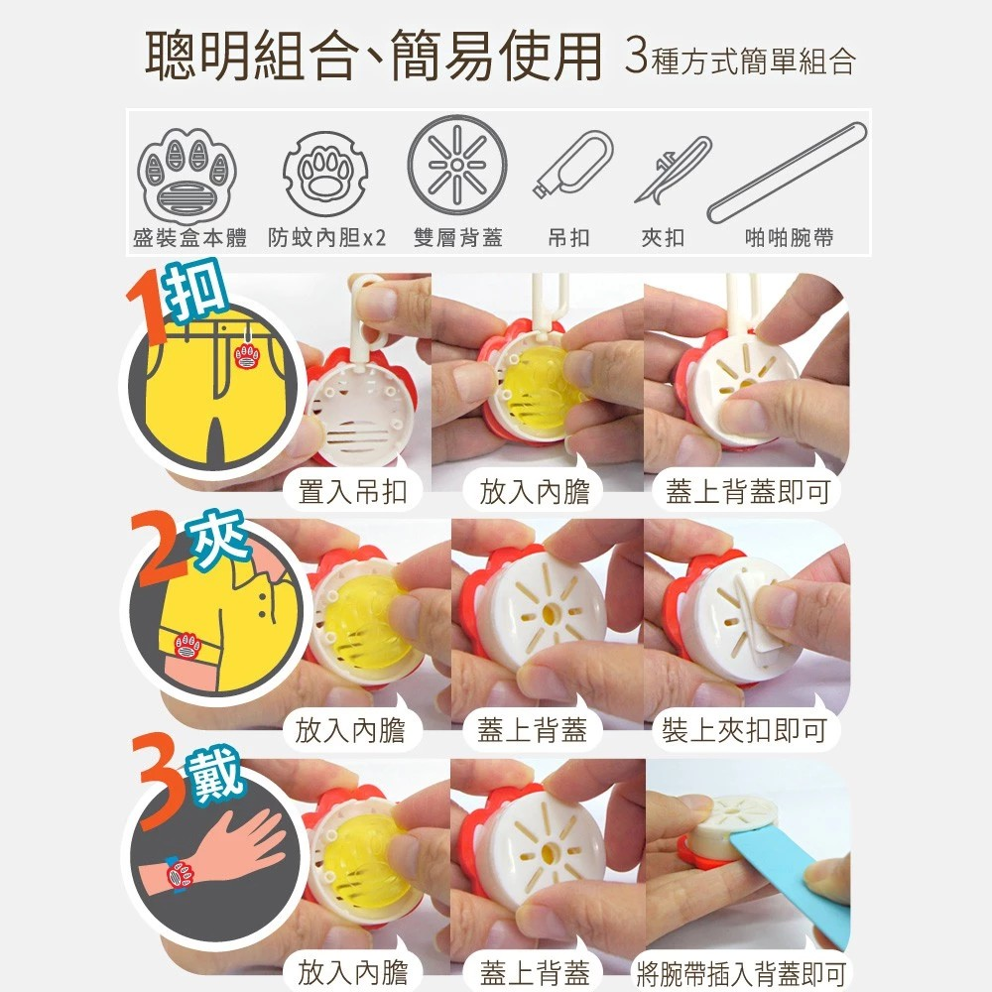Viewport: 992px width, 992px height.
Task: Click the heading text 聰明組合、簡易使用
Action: (374, 58)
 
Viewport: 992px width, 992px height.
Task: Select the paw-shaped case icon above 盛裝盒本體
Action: (188, 172)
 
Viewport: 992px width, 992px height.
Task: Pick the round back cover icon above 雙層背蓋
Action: (457, 164)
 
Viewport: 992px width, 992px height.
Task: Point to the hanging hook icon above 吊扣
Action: (571, 164)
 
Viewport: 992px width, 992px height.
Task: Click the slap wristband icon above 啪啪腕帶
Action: (788, 171)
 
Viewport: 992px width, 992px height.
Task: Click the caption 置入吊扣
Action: (352, 491)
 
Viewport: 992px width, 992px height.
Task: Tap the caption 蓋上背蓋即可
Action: (746, 491)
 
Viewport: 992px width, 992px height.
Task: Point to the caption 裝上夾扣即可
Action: (744, 732)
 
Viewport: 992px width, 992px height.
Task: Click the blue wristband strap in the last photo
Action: (794, 868)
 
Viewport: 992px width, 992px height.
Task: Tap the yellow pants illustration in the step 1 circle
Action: (208, 387)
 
